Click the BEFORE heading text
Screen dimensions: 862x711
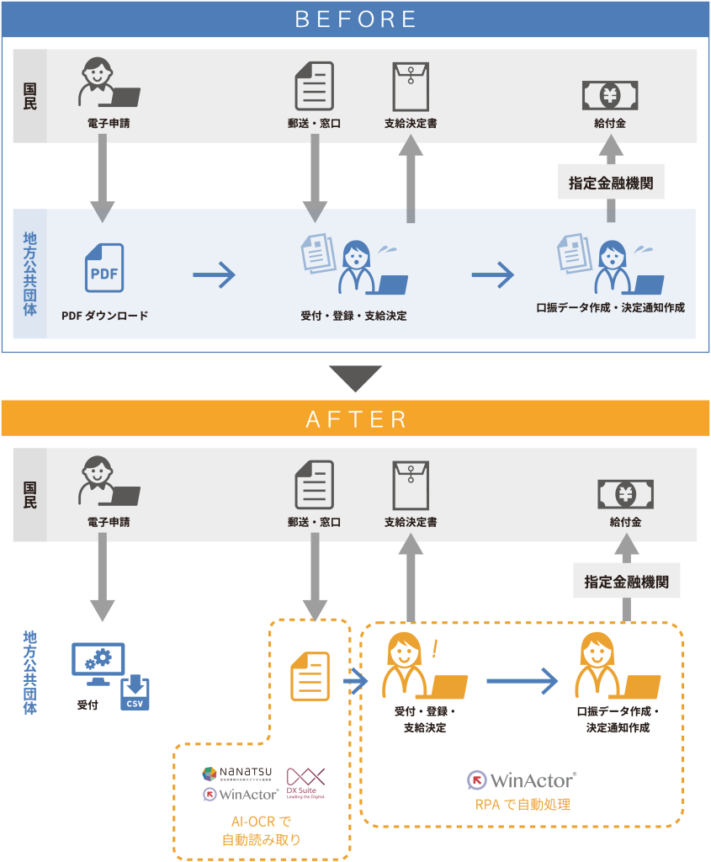click(356, 19)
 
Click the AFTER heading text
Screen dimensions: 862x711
click(356, 418)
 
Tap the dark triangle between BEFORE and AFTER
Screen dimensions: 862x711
click(355, 378)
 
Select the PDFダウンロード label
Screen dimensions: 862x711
click(104, 317)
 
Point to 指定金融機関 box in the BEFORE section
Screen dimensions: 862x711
click(611, 182)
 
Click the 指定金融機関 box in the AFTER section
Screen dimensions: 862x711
click(626, 581)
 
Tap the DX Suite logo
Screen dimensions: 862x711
click(304, 784)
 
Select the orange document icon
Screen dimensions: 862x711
click(310, 676)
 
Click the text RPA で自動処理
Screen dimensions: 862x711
click(522, 805)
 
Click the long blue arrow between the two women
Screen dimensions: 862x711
click(522, 680)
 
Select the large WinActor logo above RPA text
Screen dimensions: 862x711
click(522, 780)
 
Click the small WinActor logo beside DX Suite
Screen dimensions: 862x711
click(241, 794)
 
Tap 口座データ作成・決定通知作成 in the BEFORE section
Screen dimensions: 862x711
click(610, 308)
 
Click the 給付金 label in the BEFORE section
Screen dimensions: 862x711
click(610, 124)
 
